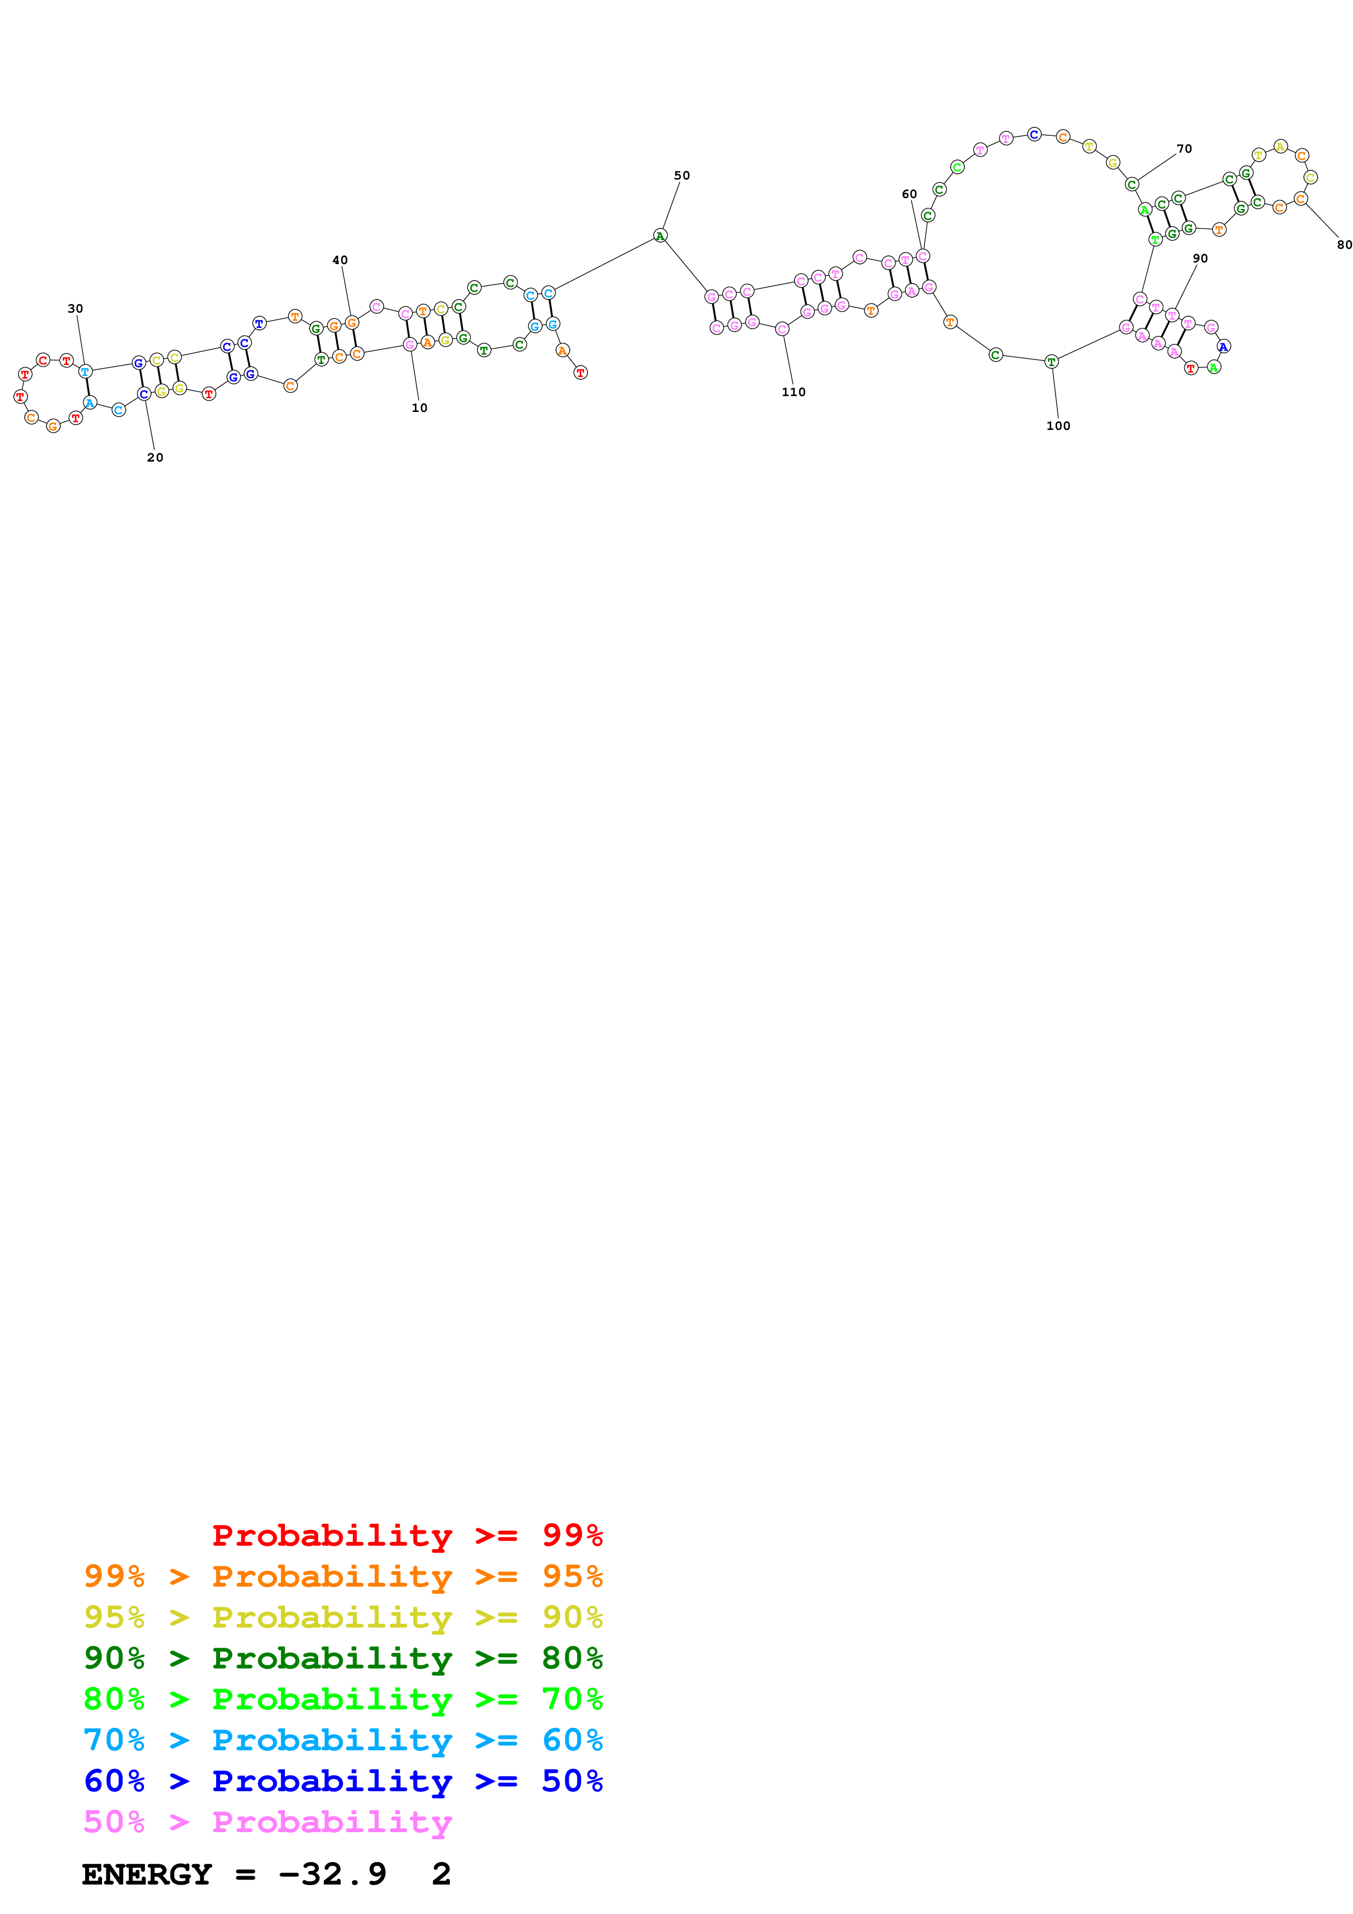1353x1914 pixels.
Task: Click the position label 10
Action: [x=419, y=408]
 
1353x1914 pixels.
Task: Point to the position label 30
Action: [x=75, y=308]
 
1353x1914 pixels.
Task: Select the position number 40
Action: [x=340, y=260]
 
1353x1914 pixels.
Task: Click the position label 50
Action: [x=682, y=176]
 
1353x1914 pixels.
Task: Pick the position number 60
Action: [x=909, y=194]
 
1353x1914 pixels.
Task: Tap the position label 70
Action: [x=1184, y=149]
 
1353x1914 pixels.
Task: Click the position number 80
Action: [x=1344, y=244]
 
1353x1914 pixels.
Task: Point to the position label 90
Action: [x=1200, y=259]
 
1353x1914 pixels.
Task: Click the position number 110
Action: [x=793, y=392]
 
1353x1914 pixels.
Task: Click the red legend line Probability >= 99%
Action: [x=407, y=1535]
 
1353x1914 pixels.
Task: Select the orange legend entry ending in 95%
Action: [x=343, y=1576]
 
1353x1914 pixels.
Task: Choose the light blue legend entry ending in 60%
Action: [x=343, y=1740]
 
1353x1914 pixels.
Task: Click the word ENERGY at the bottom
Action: [x=147, y=1874]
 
